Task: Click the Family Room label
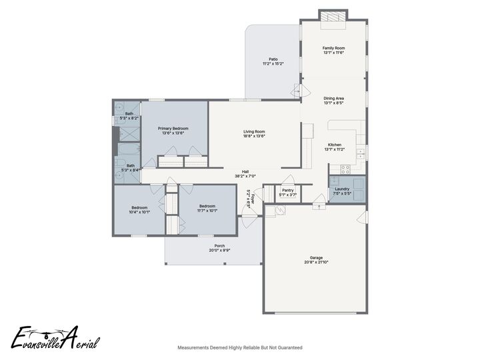(x=333, y=48)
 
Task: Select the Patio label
(x=272, y=59)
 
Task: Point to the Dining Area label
(x=333, y=98)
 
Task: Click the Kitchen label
(x=334, y=145)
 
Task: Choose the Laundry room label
(x=342, y=189)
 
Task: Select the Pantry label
(x=288, y=190)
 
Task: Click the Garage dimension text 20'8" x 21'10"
(x=316, y=262)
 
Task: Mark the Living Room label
(x=254, y=131)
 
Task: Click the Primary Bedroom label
(x=173, y=128)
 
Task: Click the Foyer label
(x=253, y=199)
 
